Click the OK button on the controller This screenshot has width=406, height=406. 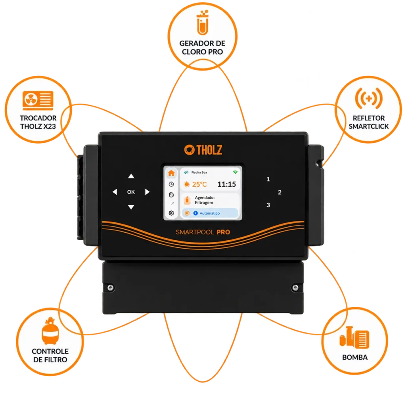pos(131,192)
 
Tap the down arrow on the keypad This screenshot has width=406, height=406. pos(131,207)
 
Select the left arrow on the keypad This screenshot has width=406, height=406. pos(115,192)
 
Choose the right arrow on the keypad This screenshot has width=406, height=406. pos(147,192)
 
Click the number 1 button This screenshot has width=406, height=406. pos(268,179)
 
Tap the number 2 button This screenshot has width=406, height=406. pos(280,192)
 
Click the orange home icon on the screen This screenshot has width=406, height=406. pos(171,173)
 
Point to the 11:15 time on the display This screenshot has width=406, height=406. pos(226,184)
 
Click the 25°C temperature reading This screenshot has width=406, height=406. pos(199,184)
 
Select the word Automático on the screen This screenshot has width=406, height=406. pos(209,213)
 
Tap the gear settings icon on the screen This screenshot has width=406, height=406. pos(171,213)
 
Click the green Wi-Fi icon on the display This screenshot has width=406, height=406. pos(235,172)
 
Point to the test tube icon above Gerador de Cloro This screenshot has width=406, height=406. pos(203,23)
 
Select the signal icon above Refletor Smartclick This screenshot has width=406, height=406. pos(369,98)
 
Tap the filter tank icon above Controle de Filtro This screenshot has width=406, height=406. pos(50,331)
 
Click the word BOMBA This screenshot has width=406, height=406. pos(355,357)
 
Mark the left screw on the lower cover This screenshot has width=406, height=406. pos(111,288)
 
